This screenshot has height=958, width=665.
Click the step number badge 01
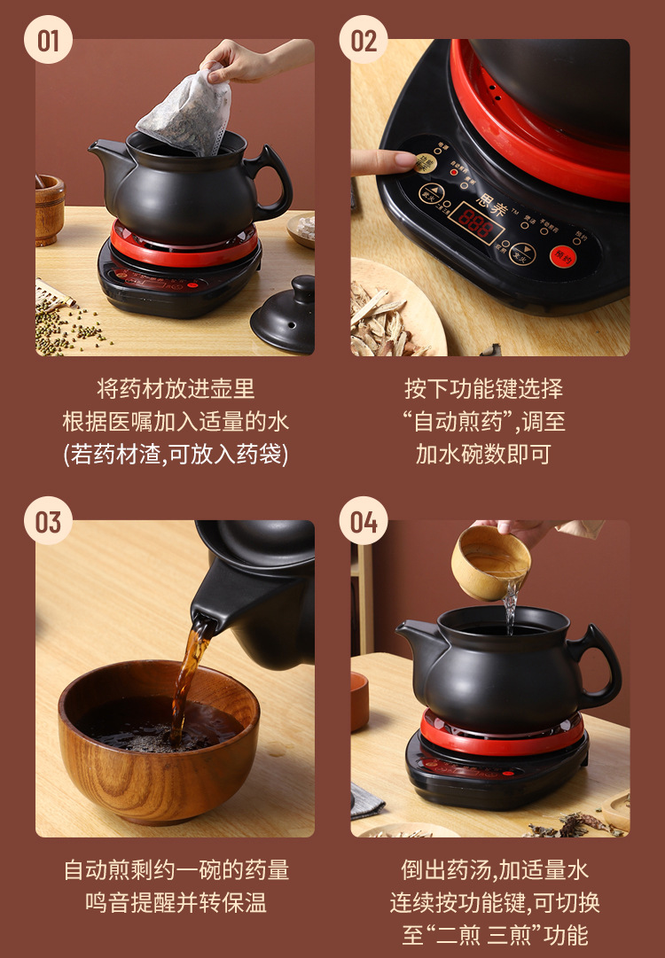coord(48,40)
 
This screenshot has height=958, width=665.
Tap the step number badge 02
coord(364,40)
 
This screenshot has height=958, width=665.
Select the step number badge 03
coord(48,521)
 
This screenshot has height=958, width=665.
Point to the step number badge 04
coord(364,521)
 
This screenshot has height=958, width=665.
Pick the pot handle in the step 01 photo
coord(270,182)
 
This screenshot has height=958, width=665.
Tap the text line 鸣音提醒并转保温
coord(176,903)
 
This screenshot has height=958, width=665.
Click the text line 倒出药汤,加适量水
coord(495,870)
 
